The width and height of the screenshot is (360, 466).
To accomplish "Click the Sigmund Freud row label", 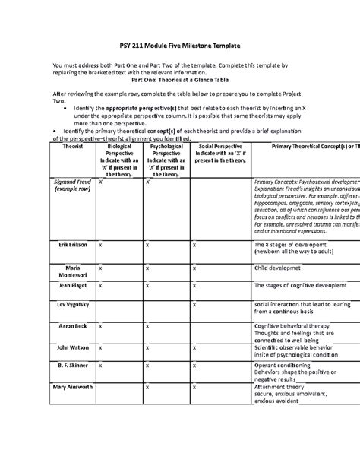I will click(73, 188).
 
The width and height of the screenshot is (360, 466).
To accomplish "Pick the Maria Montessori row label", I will click(73, 272).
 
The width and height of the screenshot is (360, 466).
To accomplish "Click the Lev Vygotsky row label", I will click(73, 304).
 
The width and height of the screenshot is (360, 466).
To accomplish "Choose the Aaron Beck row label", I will click(73, 325).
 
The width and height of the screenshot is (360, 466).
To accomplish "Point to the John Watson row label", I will click(73, 346).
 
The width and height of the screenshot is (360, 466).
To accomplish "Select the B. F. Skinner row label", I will click(73, 365).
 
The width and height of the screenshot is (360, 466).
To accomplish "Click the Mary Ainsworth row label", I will click(73, 386).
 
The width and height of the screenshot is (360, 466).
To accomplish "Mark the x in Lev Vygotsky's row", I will click(194, 304).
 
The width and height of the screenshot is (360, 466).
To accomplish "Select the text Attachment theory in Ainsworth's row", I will click(279, 386).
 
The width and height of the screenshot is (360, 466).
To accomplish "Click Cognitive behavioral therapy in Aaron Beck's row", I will click(293, 325).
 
